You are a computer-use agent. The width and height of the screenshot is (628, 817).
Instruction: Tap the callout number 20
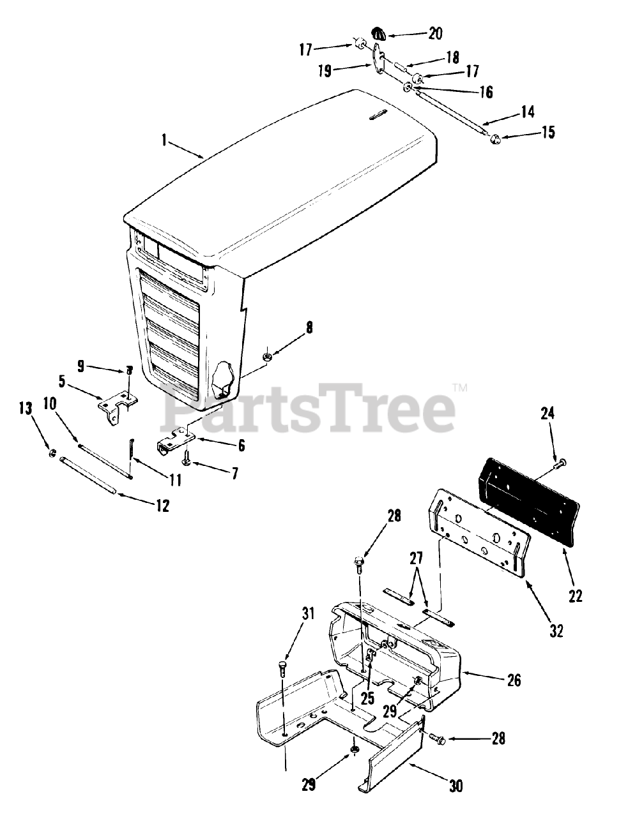pos(435,34)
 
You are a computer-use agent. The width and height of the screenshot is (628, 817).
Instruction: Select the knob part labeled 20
pos(379,33)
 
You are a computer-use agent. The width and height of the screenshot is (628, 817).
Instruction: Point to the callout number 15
pos(548,132)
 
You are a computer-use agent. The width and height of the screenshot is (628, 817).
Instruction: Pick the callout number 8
pos(309,328)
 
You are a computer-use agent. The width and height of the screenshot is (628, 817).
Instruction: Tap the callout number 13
pos(25,408)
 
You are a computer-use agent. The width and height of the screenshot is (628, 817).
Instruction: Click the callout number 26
pos(514,680)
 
